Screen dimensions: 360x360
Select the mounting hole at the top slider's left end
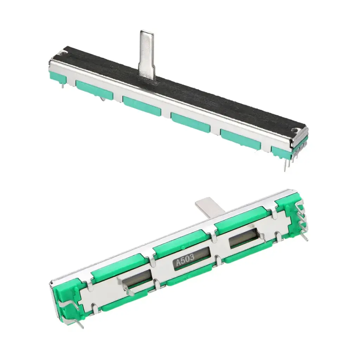click(63, 53)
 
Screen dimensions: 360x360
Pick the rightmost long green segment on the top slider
click(240, 139)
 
